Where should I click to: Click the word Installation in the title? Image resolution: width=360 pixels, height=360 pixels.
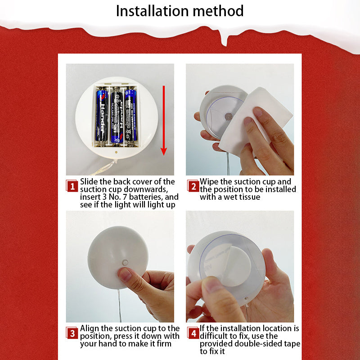tap(153, 11)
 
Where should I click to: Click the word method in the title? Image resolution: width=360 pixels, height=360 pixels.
tap(218, 11)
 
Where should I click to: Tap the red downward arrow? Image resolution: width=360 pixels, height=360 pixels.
tap(164, 120)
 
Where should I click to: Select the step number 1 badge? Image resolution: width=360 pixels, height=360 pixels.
tap(72, 186)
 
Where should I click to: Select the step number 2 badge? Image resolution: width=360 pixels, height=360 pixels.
tap(193, 186)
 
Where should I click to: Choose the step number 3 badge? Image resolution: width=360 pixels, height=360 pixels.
tap(72, 333)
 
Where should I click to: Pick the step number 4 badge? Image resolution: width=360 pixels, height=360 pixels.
tap(193, 333)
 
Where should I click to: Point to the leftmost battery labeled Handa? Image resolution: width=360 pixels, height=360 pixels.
tap(102, 116)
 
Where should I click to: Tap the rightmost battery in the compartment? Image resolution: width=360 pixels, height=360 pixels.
tap(130, 115)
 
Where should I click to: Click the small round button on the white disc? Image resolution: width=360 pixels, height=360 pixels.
tap(125, 262)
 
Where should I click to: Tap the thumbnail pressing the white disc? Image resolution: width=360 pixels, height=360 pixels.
tap(125, 275)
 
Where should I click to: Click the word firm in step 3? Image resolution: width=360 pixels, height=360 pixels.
tap(164, 344)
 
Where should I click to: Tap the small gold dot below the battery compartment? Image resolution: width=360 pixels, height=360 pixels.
tap(117, 152)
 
